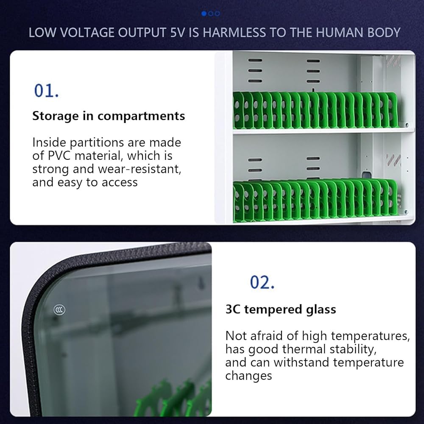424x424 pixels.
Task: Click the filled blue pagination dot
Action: [204, 13]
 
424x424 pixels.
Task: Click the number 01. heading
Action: [46, 90]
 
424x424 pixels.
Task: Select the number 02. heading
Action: [262, 282]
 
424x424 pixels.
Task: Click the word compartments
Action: [141, 117]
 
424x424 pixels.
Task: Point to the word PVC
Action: [59, 156]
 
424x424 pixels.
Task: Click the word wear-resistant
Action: [139, 169]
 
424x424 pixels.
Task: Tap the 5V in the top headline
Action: [178, 33]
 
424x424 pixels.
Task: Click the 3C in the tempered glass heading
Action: [233, 310]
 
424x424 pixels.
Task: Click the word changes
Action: [248, 376]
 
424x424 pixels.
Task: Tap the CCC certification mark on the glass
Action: [59, 310]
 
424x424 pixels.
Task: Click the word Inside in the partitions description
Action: [49, 142]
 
